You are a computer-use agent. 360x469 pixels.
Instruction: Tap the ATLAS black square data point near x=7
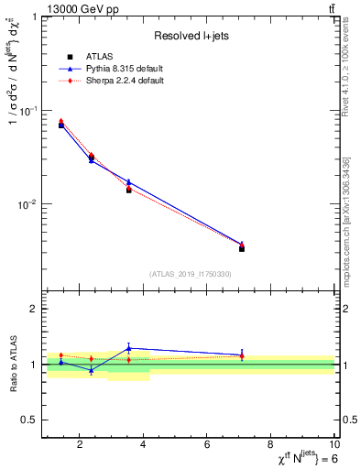point(242,248)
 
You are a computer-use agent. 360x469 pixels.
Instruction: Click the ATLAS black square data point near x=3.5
point(129,190)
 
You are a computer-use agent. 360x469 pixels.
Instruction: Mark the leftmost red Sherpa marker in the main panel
point(61,121)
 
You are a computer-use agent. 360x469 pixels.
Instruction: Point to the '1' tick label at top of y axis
point(33,17)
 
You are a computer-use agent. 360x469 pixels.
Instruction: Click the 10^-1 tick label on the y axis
point(28,111)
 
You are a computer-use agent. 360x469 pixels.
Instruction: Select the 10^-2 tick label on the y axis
point(28,204)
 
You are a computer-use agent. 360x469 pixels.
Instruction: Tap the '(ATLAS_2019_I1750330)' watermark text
point(190,274)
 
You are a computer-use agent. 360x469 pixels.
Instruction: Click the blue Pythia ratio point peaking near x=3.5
point(129,348)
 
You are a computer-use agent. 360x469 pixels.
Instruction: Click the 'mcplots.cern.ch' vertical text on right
point(346,266)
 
